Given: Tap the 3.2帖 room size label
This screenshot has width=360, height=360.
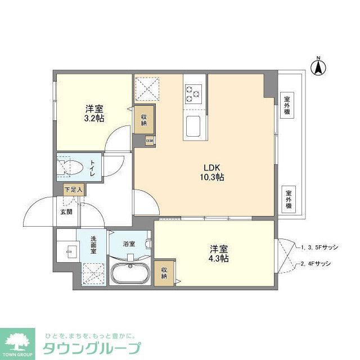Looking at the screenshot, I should click(x=95, y=113).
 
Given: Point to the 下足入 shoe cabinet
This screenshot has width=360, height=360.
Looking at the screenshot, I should click(x=73, y=190).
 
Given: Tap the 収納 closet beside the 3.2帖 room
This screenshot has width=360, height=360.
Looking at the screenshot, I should click(x=144, y=119).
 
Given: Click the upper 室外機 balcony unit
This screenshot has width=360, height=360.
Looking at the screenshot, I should click(x=287, y=105).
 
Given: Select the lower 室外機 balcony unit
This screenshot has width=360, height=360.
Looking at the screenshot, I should click(x=288, y=199).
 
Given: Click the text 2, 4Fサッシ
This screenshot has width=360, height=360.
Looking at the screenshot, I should click(x=316, y=263).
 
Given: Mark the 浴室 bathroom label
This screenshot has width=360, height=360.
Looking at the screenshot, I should click(x=129, y=244).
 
